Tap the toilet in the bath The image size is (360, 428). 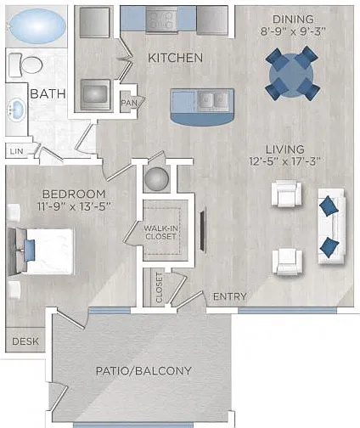click(x=25, y=65)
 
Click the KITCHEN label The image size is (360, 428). click(x=176, y=58)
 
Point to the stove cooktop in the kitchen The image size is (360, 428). click(x=162, y=18)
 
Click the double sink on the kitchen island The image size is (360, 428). click(x=213, y=100)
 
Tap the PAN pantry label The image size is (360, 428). click(x=129, y=103)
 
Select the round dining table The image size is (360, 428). click(x=291, y=74)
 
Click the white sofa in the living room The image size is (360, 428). click(x=332, y=227)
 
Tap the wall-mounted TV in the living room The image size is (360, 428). click(x=203, y=230)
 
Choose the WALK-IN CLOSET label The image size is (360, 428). click(x=160, y=232)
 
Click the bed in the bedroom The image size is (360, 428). click(x=41, y=251)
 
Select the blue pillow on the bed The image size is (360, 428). click(x=30, y=251)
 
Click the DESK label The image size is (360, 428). click(x=25, y=341)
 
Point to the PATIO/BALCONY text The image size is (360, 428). click(x=143, y=371)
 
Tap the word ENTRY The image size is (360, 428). click(x=230, y=296)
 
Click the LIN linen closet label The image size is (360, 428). click(x=17, y=151)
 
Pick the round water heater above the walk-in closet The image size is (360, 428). click(x=157, y=179)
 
